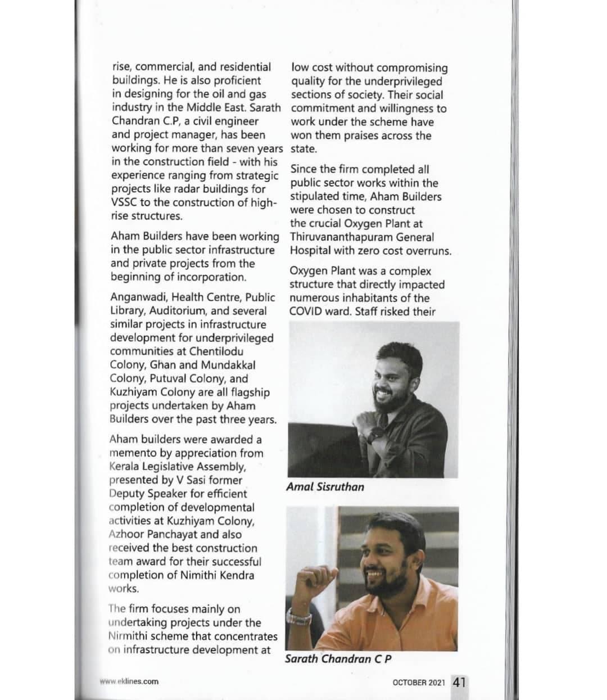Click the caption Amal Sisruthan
coord(325,487)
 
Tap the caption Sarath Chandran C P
coord(338,658)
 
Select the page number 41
coord(459,682)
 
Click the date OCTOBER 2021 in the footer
coord(419,683)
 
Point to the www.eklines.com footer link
coord(129,681)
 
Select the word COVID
coord(306,311)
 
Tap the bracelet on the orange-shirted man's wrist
coord(298,617)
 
